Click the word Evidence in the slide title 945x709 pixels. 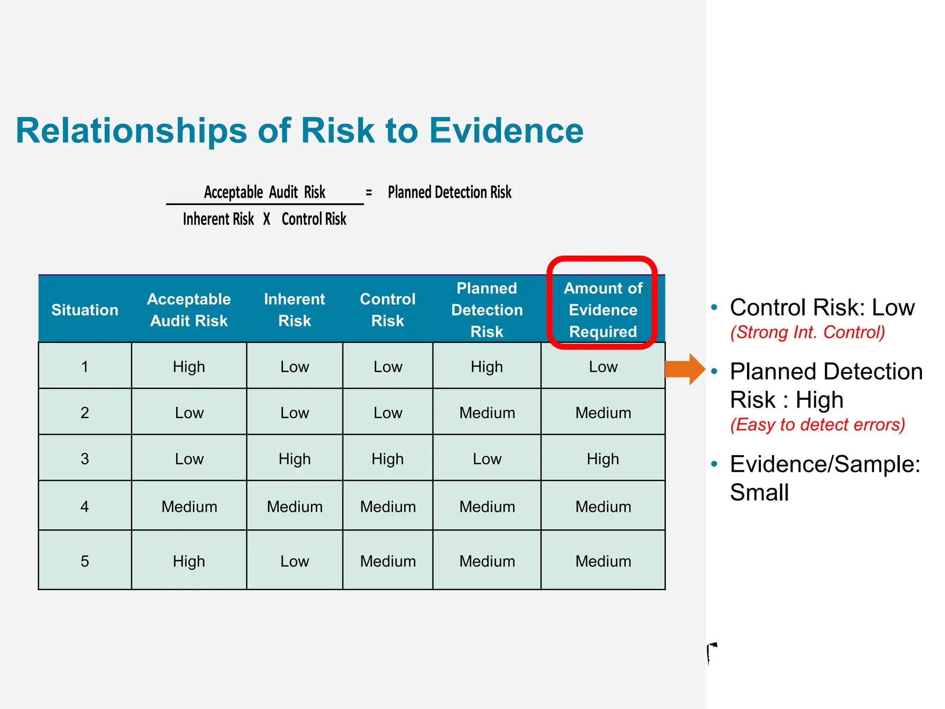(x=506, y=131)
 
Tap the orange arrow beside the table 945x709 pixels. (x=685, y=369)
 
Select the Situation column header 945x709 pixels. (x=85, y=310)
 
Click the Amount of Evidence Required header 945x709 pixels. (x=603, y=310)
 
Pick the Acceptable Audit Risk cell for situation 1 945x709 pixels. (x=189, y=367)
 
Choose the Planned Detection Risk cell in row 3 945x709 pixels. (x=487, y=459)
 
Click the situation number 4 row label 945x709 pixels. (x=85, y=506)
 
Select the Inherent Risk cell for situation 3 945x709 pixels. (x=294, y=459)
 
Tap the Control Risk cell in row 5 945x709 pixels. (x=388, y=561)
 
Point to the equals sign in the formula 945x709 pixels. (x=369, y=192)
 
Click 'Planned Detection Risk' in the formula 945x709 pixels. (x=449, y=192)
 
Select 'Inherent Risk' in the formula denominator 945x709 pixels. (x=218, y=219)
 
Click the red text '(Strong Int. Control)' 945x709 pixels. (x=807, y=332)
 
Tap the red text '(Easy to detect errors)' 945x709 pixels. (x=818, y=424)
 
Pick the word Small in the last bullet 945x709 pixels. (x=760, y=492)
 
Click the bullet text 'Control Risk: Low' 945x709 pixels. (x=822, y=307)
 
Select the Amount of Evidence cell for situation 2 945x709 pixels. (x=603, y=412)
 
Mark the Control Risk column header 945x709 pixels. (x=388, y=310)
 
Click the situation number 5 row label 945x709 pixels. (x=85, y=561)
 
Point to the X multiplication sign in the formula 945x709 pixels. (x=267, y=219)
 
